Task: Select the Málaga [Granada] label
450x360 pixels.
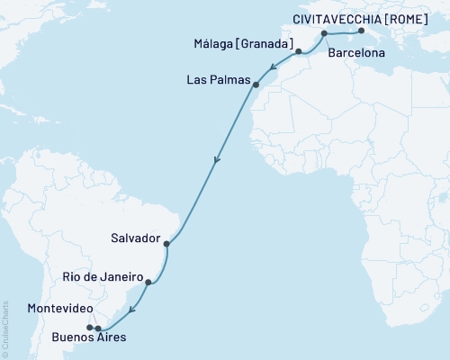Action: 242,43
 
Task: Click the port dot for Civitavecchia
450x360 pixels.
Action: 361,31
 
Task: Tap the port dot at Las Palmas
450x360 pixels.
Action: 256,85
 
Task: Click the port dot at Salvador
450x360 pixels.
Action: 166,242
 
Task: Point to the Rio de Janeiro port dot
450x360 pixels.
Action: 148,283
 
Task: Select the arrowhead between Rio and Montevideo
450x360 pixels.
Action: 132,310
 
